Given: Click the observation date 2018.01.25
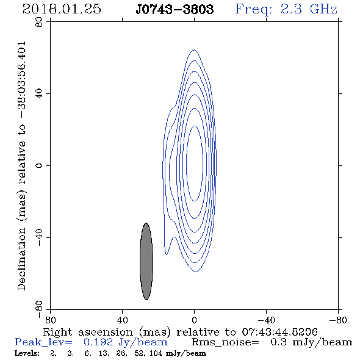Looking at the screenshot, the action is (62, 9).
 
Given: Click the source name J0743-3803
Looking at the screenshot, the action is (175, 10).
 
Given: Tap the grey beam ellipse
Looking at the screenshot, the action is (146, 261).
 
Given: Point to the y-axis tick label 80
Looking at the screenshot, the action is (39, 22).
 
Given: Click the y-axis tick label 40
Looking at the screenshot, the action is (39, 94).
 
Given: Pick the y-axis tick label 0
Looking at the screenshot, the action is (39, 165).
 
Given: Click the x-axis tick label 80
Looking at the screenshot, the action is (50, 320).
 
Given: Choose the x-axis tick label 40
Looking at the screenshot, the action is (122, 320).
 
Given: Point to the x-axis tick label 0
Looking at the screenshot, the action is (194, 320).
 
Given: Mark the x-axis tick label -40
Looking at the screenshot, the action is (266, 320).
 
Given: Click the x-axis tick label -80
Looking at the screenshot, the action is (338, 320).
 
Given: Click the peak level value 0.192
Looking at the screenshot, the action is (98, 342).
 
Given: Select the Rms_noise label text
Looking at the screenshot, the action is (225, 343).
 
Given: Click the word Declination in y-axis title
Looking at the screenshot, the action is (21, 259).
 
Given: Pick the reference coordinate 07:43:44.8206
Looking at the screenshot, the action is (279, 332).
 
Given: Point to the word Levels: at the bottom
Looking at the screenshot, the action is (27, 353).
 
